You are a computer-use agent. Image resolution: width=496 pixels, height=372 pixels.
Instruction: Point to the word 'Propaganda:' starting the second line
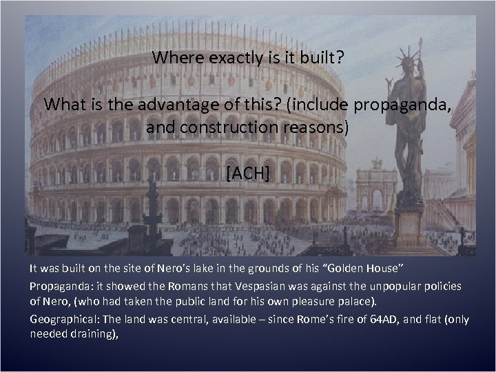(57, 286)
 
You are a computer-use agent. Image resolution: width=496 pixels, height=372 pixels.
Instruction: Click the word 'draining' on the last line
(90, 333)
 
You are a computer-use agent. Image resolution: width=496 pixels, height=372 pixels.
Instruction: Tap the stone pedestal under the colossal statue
(409, 224)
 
